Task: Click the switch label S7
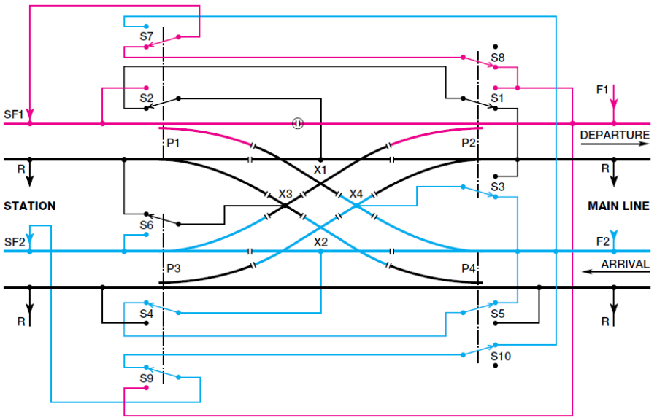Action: pyautogui.click(x=147, y=36)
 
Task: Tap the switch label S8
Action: pyautogui.click(x=498, y=57)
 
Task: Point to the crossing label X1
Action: pyautogui.click(x=320, y=169)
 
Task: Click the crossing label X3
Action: pyautogui.click(x=285, y=195)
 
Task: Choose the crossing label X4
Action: pyautogui.click(x=356, y=194)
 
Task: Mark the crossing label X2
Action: pyautogui.click(x=320, y=241)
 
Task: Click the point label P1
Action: pyautogui.click(x=173, y=144)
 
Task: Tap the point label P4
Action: pyautogui.click(x=469, y=269)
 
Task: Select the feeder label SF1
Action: pyautogui.click(x=15, y=114)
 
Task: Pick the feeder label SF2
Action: pyautogui.click(x=15, y=241)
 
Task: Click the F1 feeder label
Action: pyautogui.click(x=602, y=90)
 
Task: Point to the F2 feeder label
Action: pyautogui.click(x=602, y=241)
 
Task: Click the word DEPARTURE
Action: pyautogui.click(x=615, y=135)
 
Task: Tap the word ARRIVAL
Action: pyautogui.click(x=624, y=264)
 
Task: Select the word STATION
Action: pyautogui.click(x=30, y=206)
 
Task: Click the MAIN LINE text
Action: pyautogui.click(x=618, y=206)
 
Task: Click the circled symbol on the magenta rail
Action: pyautogui.click(x=298, y=123)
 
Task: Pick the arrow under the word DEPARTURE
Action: pyautogui.click(x=615, y=144)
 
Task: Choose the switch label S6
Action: pyautogui.click(x=147, y=226)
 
